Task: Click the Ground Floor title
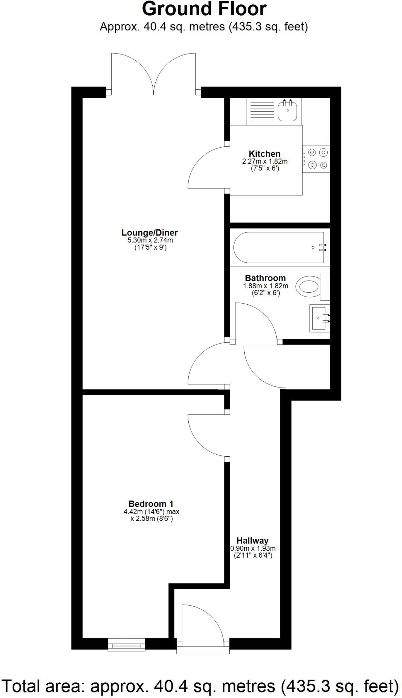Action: click(x=204, y=9)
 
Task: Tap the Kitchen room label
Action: click(x=264, y=154)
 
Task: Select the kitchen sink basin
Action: click(x=288, y=110)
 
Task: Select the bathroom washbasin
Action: click(x=320, y=318)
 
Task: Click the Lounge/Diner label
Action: click(x=150, y=233)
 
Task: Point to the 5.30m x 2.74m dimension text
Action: click(x=150, y=240)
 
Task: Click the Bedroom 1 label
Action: click(x=151, y=504)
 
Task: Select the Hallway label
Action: click(x=252, y=541)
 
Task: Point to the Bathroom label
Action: click(x=265, y=278)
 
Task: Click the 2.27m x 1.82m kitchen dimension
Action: click(x=265, y=162)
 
